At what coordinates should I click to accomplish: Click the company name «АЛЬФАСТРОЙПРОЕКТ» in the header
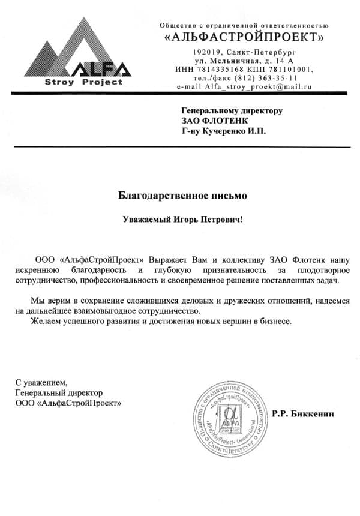[245, 37]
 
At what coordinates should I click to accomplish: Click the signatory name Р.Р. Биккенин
[302, 414]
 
